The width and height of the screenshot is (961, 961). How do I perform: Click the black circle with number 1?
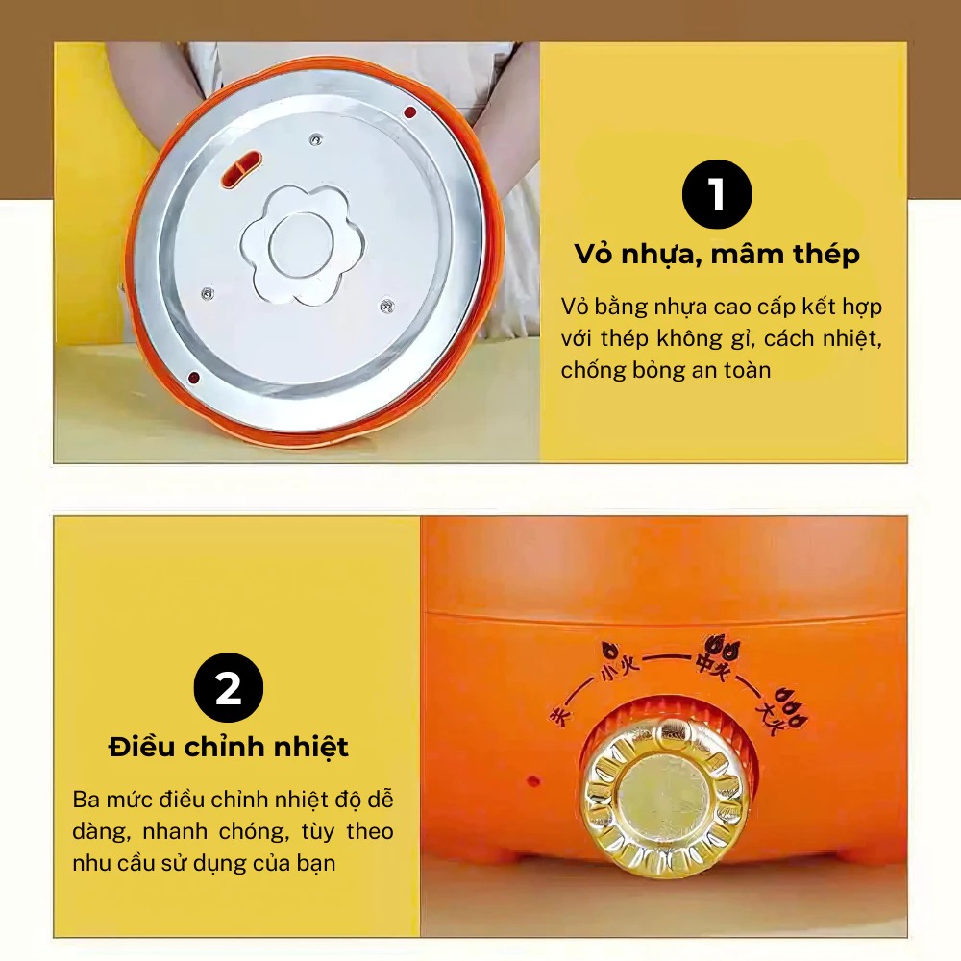717,195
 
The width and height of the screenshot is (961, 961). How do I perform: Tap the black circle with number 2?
228,688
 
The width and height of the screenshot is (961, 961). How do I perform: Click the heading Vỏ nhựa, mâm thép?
717,255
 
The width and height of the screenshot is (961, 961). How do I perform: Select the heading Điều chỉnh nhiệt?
228,747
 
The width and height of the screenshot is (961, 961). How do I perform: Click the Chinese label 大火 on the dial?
773,717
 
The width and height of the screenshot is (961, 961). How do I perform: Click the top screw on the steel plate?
314,140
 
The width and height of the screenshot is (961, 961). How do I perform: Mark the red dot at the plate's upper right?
409,112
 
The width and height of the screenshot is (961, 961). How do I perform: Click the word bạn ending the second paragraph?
316,862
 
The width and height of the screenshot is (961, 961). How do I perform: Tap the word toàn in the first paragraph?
741,370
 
